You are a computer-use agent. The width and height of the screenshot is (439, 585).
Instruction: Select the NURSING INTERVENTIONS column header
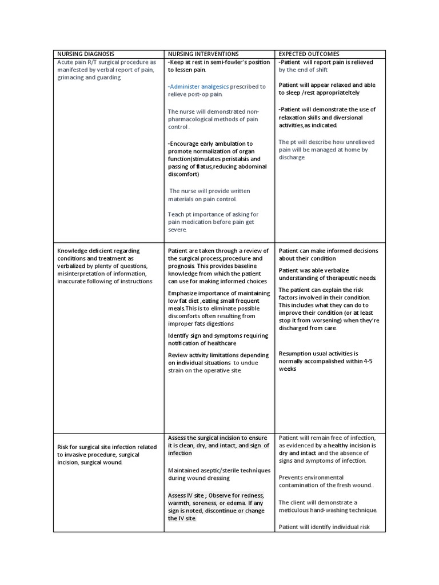click(x=203, y=54)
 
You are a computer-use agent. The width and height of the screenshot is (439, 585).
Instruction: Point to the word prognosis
click(x=182, y=266)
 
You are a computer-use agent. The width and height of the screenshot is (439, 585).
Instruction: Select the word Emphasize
click(x=185, y=293)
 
